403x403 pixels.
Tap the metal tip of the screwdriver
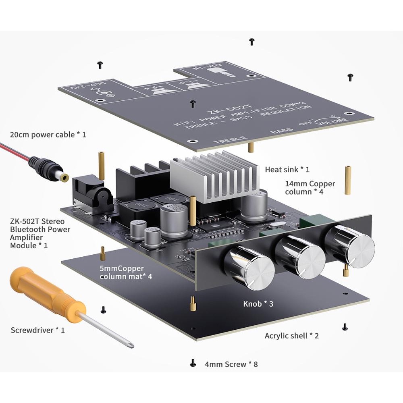click(130, 345)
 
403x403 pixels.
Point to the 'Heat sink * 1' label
click(287, 170)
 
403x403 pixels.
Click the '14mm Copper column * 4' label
click(310, 187)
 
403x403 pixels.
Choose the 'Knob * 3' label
click(258, 303)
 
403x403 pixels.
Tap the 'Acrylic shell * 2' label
click(291, 335)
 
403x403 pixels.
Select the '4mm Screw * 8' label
click(231, 364)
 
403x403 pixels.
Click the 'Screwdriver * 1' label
click(37, 330)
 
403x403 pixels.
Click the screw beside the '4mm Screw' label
click(193, 363)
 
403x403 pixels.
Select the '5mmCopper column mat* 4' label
click(125, 272)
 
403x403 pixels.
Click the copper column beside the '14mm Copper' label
click(347, 180)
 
